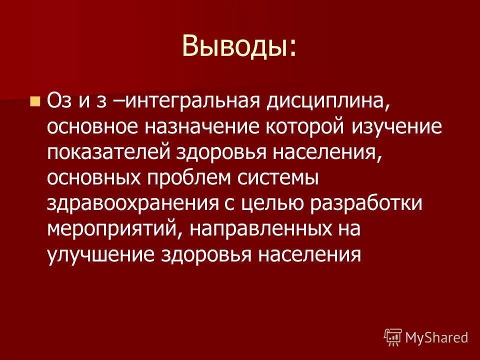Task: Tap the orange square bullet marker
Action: (34, 101)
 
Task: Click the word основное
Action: (93, 127)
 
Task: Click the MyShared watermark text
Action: (436, 337)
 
